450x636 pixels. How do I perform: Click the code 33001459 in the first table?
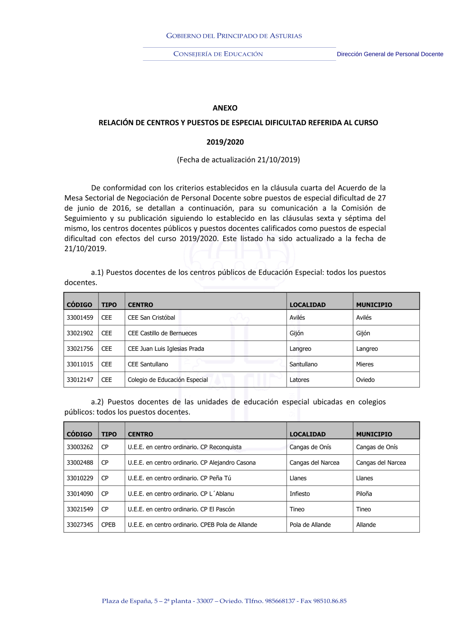click(x=80, y=318)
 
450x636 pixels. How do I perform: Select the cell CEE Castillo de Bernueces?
click(x=162, y=333)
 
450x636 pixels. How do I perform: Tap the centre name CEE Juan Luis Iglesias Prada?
click(x=166, y=349)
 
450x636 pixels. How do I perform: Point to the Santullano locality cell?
click(x=303, y=364)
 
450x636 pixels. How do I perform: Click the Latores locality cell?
click(x=299, y=380)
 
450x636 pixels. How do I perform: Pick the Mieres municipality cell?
click(x=365, y=364)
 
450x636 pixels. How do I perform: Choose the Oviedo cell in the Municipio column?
click(x=365, y=380)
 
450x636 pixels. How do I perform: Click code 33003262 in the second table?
click(x=80, y=447)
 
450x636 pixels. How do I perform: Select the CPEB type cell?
click(x=108, y=525)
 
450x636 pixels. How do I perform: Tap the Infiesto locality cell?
click(x=300, y=494)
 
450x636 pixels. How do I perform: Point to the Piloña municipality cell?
click(x=364, y=494)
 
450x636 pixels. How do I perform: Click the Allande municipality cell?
click(x=366, y=525)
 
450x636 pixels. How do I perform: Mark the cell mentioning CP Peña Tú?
click(x=180, y=478)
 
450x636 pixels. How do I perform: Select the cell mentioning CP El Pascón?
click(x=181, y=509)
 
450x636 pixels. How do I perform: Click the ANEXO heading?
click(x=225, y=108)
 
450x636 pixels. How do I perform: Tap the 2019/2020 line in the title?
click(x=225, y=142)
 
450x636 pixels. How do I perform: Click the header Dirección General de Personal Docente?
click(x=390, y=54)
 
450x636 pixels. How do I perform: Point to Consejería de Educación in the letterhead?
click(x=218, y=54)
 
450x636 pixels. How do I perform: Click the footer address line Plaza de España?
click(x=224, y=601)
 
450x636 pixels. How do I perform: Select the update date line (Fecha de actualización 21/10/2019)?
click(x=238, y=160)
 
